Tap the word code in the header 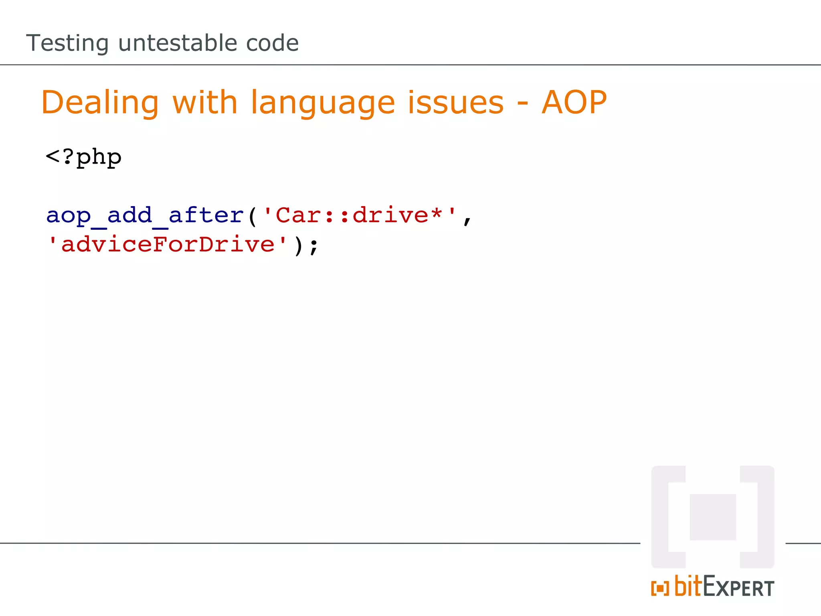coord(272,43)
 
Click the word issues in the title coord(456,103)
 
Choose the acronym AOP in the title coord(574,103)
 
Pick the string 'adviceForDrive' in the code coord(168,245)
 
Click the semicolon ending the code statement coord(314,246)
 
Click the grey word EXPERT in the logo coord(738,587)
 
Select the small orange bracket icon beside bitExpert coord(660,588)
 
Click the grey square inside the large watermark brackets coord(713,517)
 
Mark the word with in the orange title coord(205,103)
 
